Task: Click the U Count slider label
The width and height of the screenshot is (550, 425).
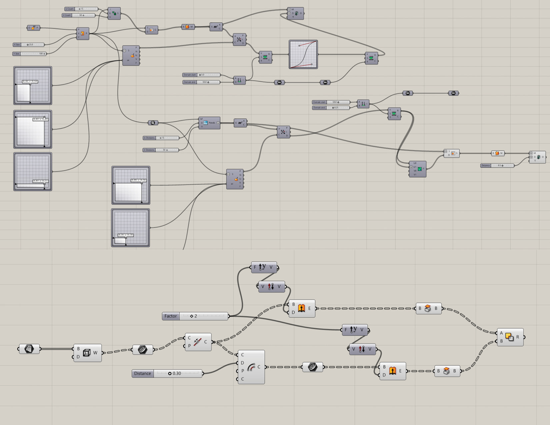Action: click(70, 9)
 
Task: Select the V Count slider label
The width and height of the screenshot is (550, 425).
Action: click(67, 15)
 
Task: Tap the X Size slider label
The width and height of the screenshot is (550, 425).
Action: click(17, 45)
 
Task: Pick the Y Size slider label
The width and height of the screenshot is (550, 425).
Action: click(17, 54)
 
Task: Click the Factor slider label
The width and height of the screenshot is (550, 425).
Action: click(171, 316)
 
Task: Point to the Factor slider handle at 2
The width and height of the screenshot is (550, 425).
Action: click(192, 316)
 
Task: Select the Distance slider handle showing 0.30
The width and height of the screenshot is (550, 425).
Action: click(170, 373)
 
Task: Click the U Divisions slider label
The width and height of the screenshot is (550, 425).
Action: click(149, 138)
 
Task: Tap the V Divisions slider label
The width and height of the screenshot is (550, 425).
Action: click(149, 150)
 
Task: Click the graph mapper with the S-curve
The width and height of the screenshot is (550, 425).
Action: click(303, 54)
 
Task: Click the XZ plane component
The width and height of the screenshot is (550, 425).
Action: click(33, 28)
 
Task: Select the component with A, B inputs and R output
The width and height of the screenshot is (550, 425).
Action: click(510, 337)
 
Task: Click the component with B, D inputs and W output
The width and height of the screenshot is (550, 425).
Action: click(87, 353)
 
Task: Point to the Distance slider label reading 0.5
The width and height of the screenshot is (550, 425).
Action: click(486, 166)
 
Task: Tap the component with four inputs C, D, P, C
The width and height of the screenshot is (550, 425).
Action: click(251, 367)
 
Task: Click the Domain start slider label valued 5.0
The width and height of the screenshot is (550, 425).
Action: click(190, 75)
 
